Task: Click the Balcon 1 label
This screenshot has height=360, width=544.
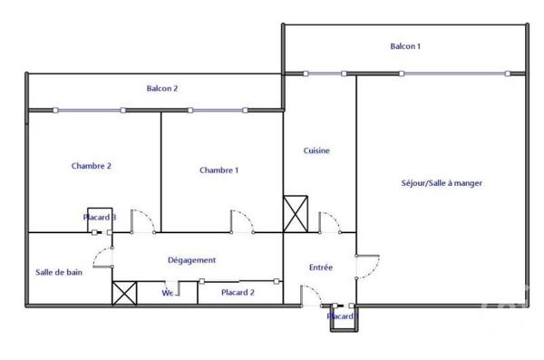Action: tap(405, 46)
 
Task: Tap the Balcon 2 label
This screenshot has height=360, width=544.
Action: tap(162, 88)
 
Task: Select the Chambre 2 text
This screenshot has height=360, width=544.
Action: tap(91, 166)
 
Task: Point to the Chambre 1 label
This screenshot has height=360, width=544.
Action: tap(219, 170)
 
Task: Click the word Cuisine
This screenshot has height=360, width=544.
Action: tap(316, 151)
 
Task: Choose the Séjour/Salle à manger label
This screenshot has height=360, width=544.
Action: tap(442, 183)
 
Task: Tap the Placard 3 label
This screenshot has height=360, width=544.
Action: tap(99, 218)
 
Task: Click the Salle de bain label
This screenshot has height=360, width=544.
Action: tap(60, 271)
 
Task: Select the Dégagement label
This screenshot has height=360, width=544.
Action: tap(192, 260)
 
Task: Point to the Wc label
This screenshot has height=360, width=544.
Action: tap(168, 293)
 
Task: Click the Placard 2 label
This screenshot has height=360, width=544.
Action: tap(238, 292)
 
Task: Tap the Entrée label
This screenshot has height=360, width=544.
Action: tap(321, 268)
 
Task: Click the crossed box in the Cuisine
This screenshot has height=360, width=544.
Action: tap(296, 215)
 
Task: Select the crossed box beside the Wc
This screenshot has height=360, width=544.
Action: tap(123, 293)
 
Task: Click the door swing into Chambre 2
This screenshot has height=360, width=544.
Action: tap(141, 221)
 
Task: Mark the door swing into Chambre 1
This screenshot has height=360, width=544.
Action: tap(241, 221)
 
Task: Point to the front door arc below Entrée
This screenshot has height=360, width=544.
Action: tap(311, 294)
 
